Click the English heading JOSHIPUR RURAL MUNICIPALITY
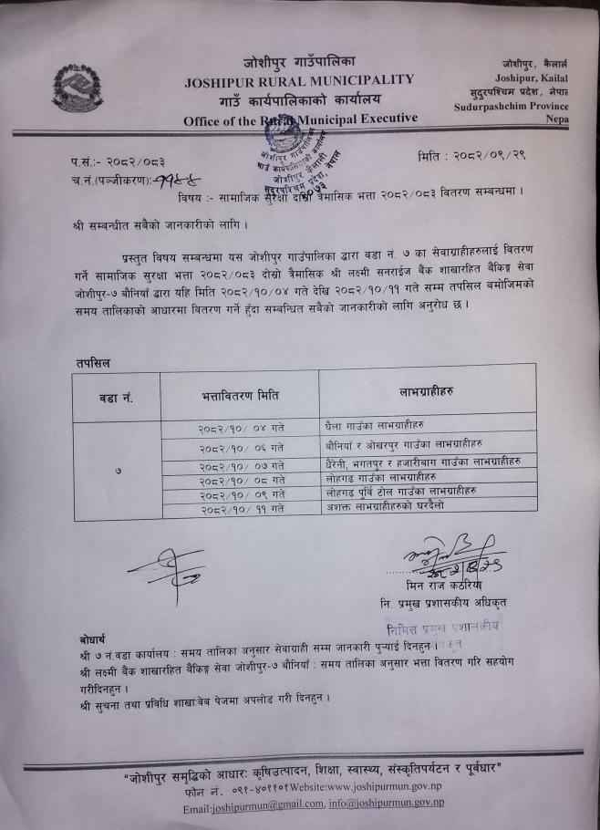tap(299, 80)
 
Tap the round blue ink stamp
tap(290, 143)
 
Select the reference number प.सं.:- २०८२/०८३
tap(125, 161)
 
